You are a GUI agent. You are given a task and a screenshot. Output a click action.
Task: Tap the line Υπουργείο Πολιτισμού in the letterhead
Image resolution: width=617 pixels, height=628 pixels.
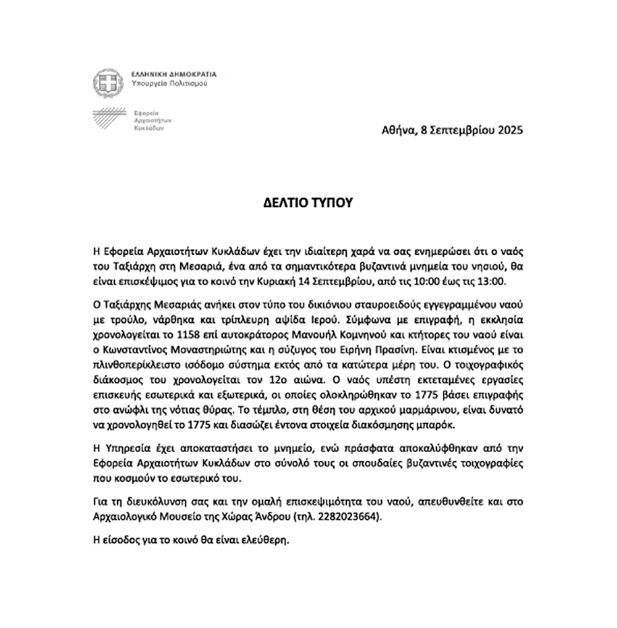(x=170, y=83)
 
